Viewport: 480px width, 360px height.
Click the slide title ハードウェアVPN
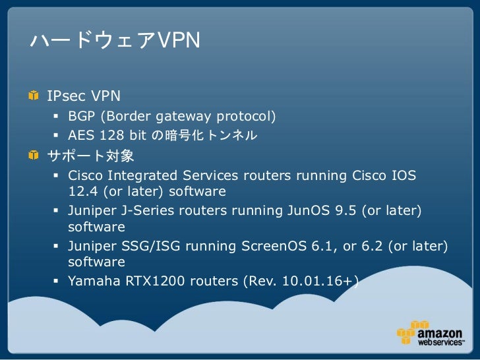click(114, 42)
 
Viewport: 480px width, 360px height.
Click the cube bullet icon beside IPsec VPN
click(33, 97)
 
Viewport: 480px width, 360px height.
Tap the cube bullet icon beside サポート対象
click(33, 156)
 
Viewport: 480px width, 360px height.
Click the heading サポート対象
click(90, 156)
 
